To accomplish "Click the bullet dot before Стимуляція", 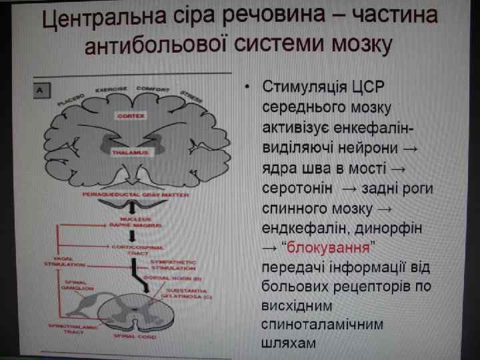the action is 246,87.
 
